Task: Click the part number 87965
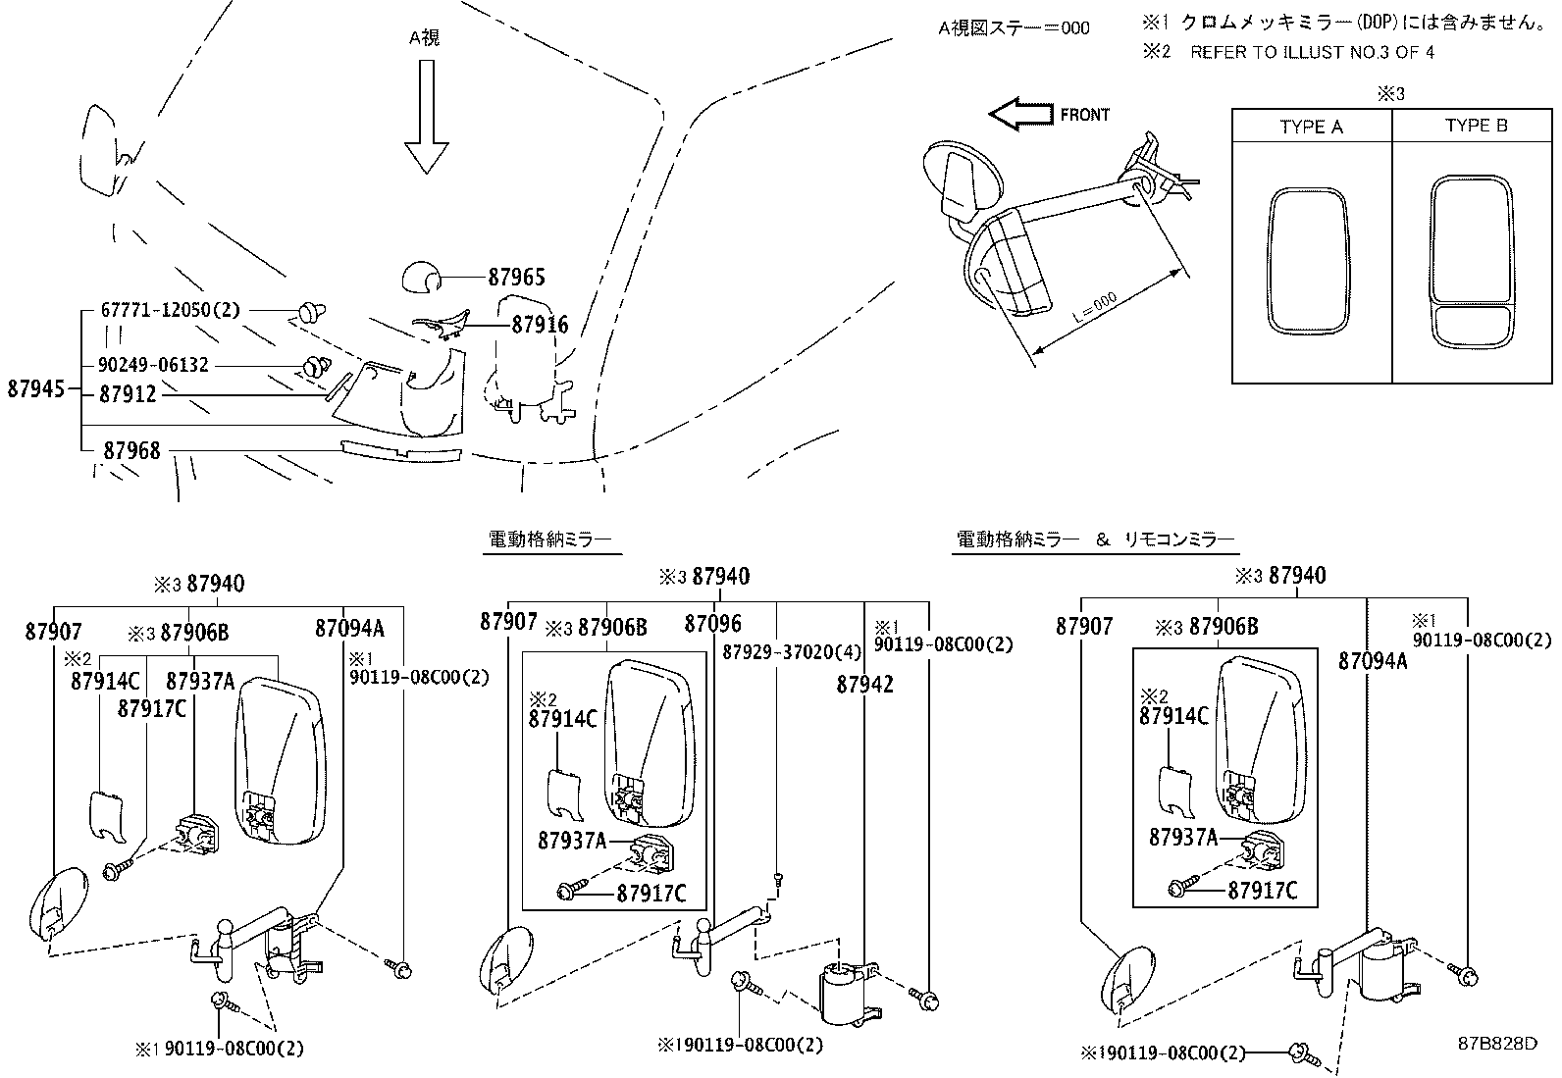516,279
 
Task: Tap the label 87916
539,326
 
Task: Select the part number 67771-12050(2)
170,310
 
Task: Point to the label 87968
131,450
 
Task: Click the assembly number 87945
36,388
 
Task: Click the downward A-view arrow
426,116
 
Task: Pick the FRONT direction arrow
1019,115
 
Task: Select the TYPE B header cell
1476,127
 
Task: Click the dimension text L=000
1093,311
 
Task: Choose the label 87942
864,685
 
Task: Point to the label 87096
712,624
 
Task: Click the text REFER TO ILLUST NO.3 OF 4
1311,53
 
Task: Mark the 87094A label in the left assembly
349,629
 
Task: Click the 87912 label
129,395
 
